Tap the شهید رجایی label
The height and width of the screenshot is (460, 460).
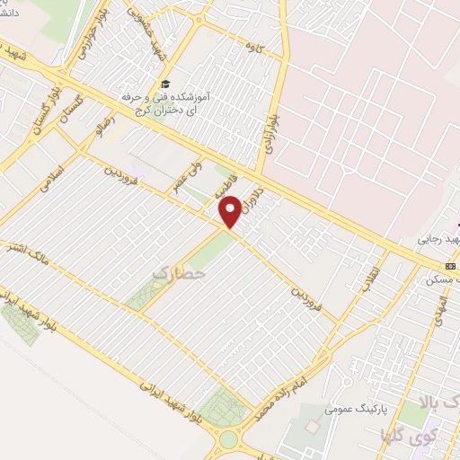pos(438,240)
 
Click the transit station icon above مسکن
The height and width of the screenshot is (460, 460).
pos(450,266)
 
